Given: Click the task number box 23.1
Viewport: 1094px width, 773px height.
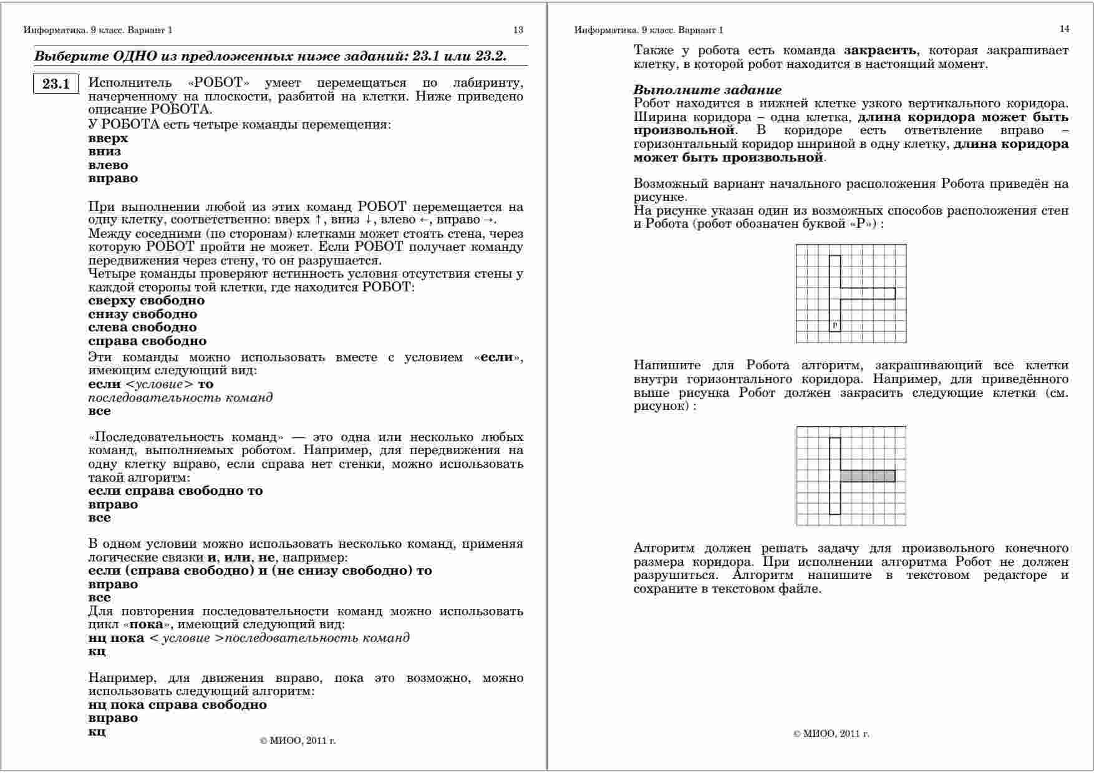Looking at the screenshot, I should pos(56,84).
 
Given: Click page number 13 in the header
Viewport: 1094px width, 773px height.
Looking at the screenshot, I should pos(518,29).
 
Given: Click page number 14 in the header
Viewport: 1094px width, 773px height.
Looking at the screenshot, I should pos(1064,29).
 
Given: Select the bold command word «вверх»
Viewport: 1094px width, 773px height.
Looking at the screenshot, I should pos(108,138).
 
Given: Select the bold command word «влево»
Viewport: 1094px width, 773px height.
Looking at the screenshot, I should pos(108,165).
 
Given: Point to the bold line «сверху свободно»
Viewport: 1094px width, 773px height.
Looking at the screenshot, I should pos(146,301).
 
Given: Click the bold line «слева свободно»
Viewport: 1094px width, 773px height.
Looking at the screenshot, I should pos(142,328).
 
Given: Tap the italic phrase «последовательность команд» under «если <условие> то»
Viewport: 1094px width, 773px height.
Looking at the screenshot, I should pos(180,397).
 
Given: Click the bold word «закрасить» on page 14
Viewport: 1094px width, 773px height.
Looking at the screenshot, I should pos(880,51).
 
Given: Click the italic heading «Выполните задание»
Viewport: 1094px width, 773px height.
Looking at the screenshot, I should pos(707,90).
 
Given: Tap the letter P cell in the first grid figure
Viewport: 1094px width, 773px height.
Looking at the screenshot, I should pos(835,325).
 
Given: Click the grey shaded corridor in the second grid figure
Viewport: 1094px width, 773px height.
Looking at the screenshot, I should pos(867,476).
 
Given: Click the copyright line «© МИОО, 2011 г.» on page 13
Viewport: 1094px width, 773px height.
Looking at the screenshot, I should pos(298,741).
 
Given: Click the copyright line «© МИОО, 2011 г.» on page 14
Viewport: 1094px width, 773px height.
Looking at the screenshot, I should pos(831,734).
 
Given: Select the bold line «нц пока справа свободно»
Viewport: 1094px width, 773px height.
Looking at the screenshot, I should pos(177,704).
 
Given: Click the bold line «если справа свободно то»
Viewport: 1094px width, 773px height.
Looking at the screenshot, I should pos(175,490).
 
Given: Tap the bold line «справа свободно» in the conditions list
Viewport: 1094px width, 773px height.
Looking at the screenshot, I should pos(147,341).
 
